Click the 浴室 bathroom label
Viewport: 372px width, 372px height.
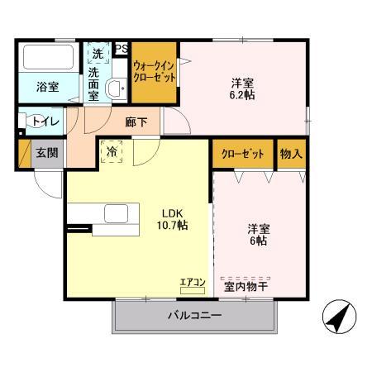click(x=47, y=87)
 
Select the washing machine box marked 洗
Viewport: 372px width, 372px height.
click(x=98, y=53)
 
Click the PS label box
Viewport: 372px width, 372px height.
click(x=122, y=50)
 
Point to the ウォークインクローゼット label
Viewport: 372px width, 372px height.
click(x=155, y=73)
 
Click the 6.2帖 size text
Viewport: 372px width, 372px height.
click(x=242, y=96)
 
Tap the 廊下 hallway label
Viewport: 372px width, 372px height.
click(x=136, y=122)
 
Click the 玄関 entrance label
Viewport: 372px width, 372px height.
click(x=45, y=153)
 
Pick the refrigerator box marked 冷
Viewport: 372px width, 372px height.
click(x=111, y=153)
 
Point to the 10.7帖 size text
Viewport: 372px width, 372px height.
click(x=172, y=224)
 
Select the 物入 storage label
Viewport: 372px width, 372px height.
click(x=291, y=154)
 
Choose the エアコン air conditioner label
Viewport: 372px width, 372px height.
click(x=192, y=283)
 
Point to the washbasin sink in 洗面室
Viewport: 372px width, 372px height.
click(x=116, y=86)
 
